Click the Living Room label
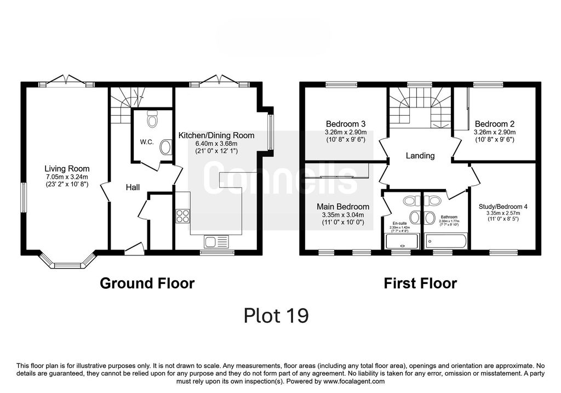(x=67, y=169)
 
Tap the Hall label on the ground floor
(x=133, y=187)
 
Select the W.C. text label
(x=146, y=142)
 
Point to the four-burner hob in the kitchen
(x=182, y=216)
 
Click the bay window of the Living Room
(x=68, y=263)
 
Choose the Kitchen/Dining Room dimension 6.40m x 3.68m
(x=216, y=143)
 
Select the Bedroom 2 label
(x=494, y=124)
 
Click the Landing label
(x=420, y=156)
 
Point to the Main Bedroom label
(x=343, y=207)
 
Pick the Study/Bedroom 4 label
(x=503, y=207)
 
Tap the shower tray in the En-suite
(x=402, y=241)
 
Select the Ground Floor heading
(x=147, y=283)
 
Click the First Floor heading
(x=420, y=283)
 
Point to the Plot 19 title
(x=276, y=316)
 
